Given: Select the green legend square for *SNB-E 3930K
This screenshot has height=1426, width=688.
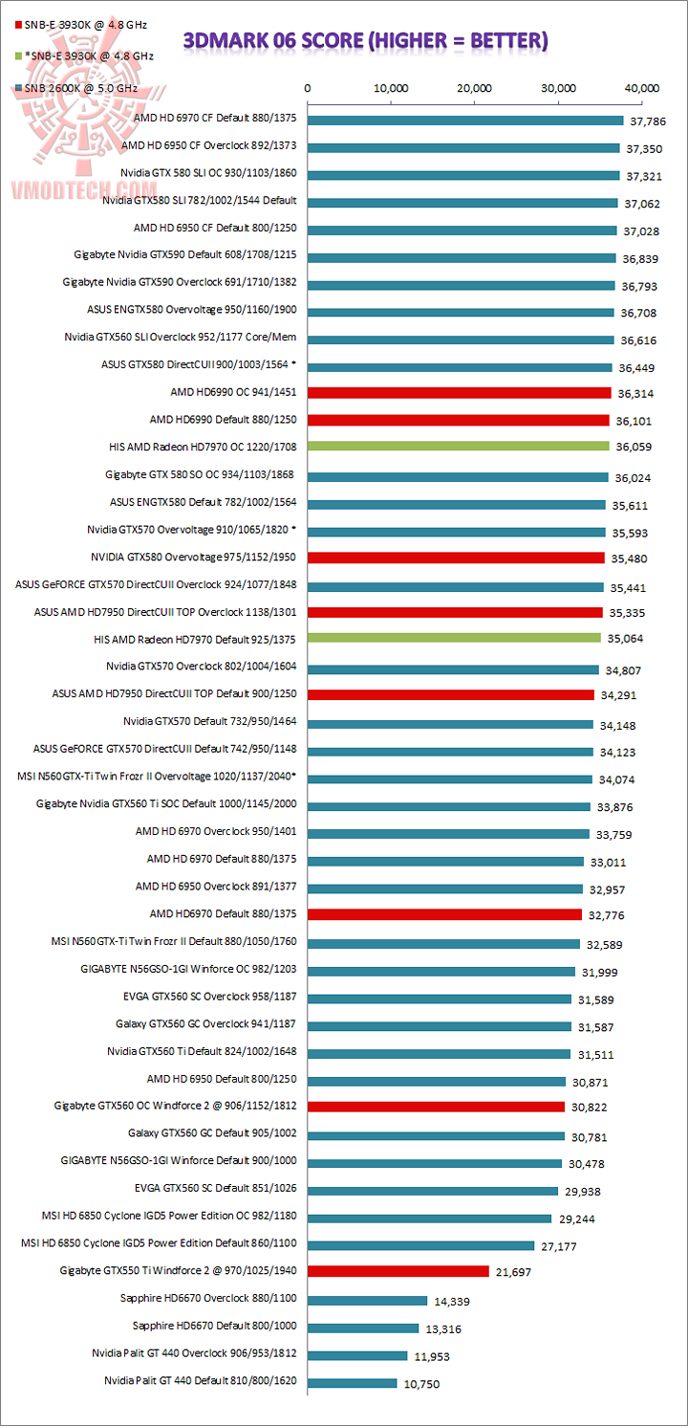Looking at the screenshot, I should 8,55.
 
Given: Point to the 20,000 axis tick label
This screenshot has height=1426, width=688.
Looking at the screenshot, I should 475,88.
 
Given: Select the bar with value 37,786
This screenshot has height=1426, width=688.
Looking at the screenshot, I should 465,121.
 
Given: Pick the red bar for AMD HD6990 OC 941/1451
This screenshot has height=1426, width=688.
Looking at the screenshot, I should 459,392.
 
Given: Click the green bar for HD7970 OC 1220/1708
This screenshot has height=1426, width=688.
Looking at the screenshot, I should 458,446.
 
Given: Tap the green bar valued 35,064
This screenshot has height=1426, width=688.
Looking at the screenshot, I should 454,637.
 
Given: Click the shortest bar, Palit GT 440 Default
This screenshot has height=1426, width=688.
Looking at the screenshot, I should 352,1382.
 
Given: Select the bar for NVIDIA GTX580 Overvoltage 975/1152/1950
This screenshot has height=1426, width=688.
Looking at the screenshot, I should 456,558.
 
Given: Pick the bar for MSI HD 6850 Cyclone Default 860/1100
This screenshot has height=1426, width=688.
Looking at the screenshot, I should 420,1244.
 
